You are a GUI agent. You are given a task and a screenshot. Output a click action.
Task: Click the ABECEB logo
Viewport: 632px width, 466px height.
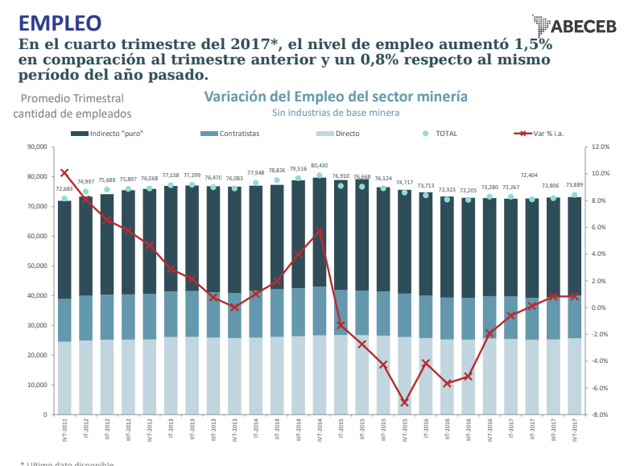(572, 25)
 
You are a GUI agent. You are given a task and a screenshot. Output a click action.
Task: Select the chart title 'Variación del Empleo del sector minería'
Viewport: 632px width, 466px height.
(336, 97)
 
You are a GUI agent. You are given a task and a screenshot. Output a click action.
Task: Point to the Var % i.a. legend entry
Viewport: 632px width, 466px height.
(550, 133)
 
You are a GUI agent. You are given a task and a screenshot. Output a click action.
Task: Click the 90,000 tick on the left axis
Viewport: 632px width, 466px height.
(37, 146)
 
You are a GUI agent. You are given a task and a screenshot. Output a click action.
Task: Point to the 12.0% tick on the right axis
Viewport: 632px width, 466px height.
(601, 147)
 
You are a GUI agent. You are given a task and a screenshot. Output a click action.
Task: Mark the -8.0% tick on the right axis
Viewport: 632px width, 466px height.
(601, 415)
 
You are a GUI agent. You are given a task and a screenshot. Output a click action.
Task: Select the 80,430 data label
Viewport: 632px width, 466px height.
(319, 165)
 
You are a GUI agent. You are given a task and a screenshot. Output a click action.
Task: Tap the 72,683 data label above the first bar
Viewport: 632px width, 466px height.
(64, 189)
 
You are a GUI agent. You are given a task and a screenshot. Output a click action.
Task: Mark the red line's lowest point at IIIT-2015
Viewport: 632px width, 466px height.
(404, 402)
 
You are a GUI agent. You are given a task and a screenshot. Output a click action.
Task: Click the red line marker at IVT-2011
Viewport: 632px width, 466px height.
(64, 172)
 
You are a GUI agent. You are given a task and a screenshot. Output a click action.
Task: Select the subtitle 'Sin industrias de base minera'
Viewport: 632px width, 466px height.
(336, 113)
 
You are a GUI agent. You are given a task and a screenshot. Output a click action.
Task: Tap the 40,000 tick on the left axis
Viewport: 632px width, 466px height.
(37, 295)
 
